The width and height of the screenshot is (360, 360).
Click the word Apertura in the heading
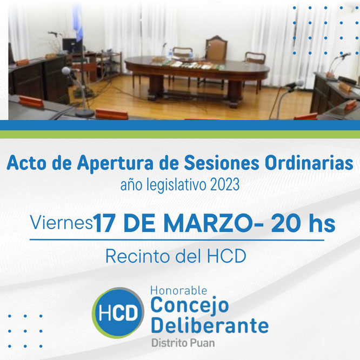(x=115, y=164)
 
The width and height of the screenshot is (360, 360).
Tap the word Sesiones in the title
(x=222, y=163)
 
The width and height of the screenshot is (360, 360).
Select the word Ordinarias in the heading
(x=309, y=163)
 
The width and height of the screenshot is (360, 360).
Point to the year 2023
(x=225, y=185)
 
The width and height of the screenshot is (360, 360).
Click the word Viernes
(x=61, y=222)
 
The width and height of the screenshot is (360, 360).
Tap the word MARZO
(x=208, y=223)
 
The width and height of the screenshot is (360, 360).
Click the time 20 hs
(x=303, y=223)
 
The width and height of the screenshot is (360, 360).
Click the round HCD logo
(x=118, y=313)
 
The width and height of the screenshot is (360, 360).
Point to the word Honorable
(x=178, y=291)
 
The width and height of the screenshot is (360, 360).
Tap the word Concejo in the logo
(x=190, y=305)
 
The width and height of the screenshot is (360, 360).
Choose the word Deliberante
(x=210, y=325)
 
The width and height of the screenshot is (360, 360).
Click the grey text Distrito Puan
(x=183, y=343)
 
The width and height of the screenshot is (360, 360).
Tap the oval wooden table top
(x=197, y=65)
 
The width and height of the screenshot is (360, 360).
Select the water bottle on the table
(x=170, y=54)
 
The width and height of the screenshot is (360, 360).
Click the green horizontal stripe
(x=180, y=134)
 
